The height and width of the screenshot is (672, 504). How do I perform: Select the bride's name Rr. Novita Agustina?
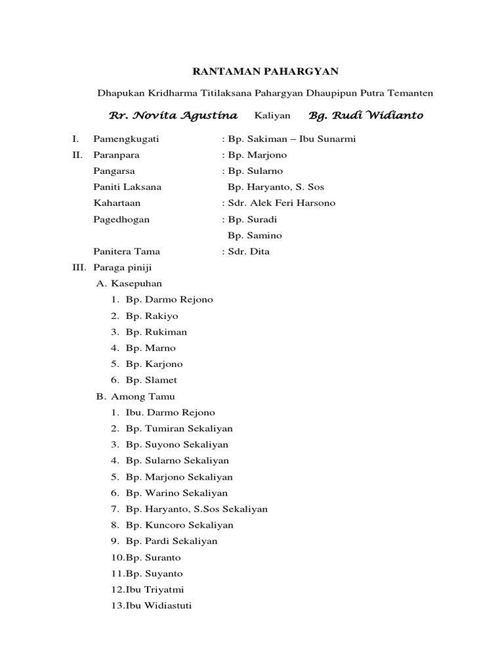173,115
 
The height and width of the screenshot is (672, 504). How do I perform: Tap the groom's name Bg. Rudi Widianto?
366,115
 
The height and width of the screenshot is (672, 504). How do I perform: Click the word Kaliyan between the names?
271,116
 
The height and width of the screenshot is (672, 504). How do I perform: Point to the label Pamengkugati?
127,139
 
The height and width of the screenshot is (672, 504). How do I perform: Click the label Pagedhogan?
121,219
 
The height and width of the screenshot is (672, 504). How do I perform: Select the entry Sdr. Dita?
246,251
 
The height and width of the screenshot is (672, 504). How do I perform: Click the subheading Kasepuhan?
136,283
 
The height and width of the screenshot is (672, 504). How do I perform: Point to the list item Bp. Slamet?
152,380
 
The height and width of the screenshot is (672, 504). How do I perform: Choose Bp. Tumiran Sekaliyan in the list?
179,429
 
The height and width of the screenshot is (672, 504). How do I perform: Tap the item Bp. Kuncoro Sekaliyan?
180,525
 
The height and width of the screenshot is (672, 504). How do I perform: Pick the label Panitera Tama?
127,251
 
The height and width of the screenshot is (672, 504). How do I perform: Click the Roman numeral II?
77,155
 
